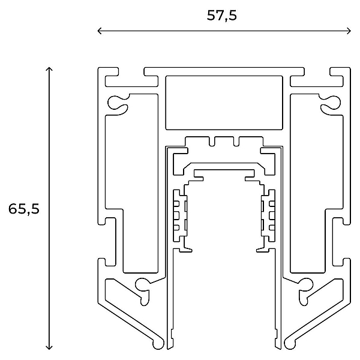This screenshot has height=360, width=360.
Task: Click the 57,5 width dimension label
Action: pos(221,16)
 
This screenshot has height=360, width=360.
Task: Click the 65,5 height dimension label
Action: pos(24,209)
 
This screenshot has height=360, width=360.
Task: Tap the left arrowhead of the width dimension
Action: pos(100,31)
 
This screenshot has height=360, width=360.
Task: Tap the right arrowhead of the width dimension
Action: pos(349,31)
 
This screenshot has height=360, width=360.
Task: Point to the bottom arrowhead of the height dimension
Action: pos(49,347)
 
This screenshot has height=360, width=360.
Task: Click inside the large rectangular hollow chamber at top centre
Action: pos(224,103)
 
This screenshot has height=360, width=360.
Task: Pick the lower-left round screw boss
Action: pos(143,290)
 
